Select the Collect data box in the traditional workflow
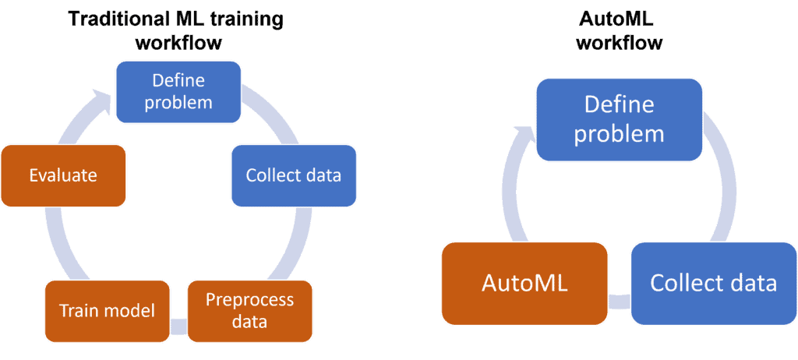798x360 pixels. [294, 175]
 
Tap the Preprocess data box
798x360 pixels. [250, 310]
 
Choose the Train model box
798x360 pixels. [108, 310]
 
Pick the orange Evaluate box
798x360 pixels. [63, 175]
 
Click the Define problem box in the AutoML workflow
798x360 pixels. [619, 119]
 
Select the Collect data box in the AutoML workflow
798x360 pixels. [713, 283]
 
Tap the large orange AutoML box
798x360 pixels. [524, 283]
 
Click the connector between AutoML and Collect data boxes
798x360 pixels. [619, 300]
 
